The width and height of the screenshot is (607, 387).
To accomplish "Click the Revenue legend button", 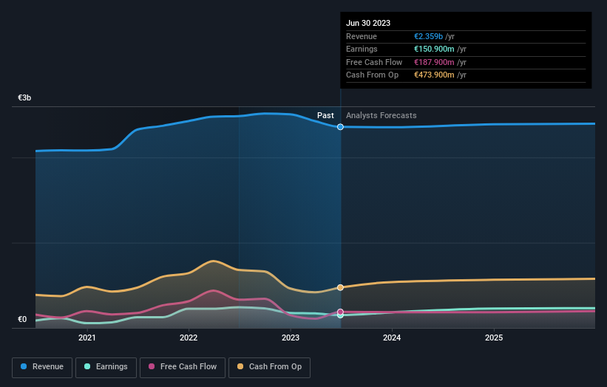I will [x=42, y=366].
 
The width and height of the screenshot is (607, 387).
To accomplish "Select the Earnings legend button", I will [x=106, y=366].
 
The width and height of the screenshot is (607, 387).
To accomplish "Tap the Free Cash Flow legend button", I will [x=183, y=366].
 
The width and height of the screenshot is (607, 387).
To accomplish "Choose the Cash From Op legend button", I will [x=270, y=366].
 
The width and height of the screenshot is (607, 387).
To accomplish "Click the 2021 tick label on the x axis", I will [x=87, y=338].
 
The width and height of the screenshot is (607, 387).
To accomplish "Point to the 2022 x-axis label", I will [x=189, y=338].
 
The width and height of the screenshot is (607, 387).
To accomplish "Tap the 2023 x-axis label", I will [x=291, y=338].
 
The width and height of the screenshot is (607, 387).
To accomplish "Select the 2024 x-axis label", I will [x=392, y=338].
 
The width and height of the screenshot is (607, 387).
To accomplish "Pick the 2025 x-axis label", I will [x=494, y=338].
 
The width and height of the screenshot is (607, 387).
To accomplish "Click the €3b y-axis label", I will [x=25, y=97].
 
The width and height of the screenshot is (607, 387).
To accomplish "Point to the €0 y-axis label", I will [x=22, y=320].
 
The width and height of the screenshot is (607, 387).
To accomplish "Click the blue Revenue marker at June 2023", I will [x=340, y=127].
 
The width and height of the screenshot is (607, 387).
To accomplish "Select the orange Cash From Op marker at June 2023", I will [x=340, y=287].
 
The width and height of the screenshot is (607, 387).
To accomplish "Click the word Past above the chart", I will [x=325, y=115].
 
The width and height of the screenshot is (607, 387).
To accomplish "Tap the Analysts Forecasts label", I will [x=381, y=115].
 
